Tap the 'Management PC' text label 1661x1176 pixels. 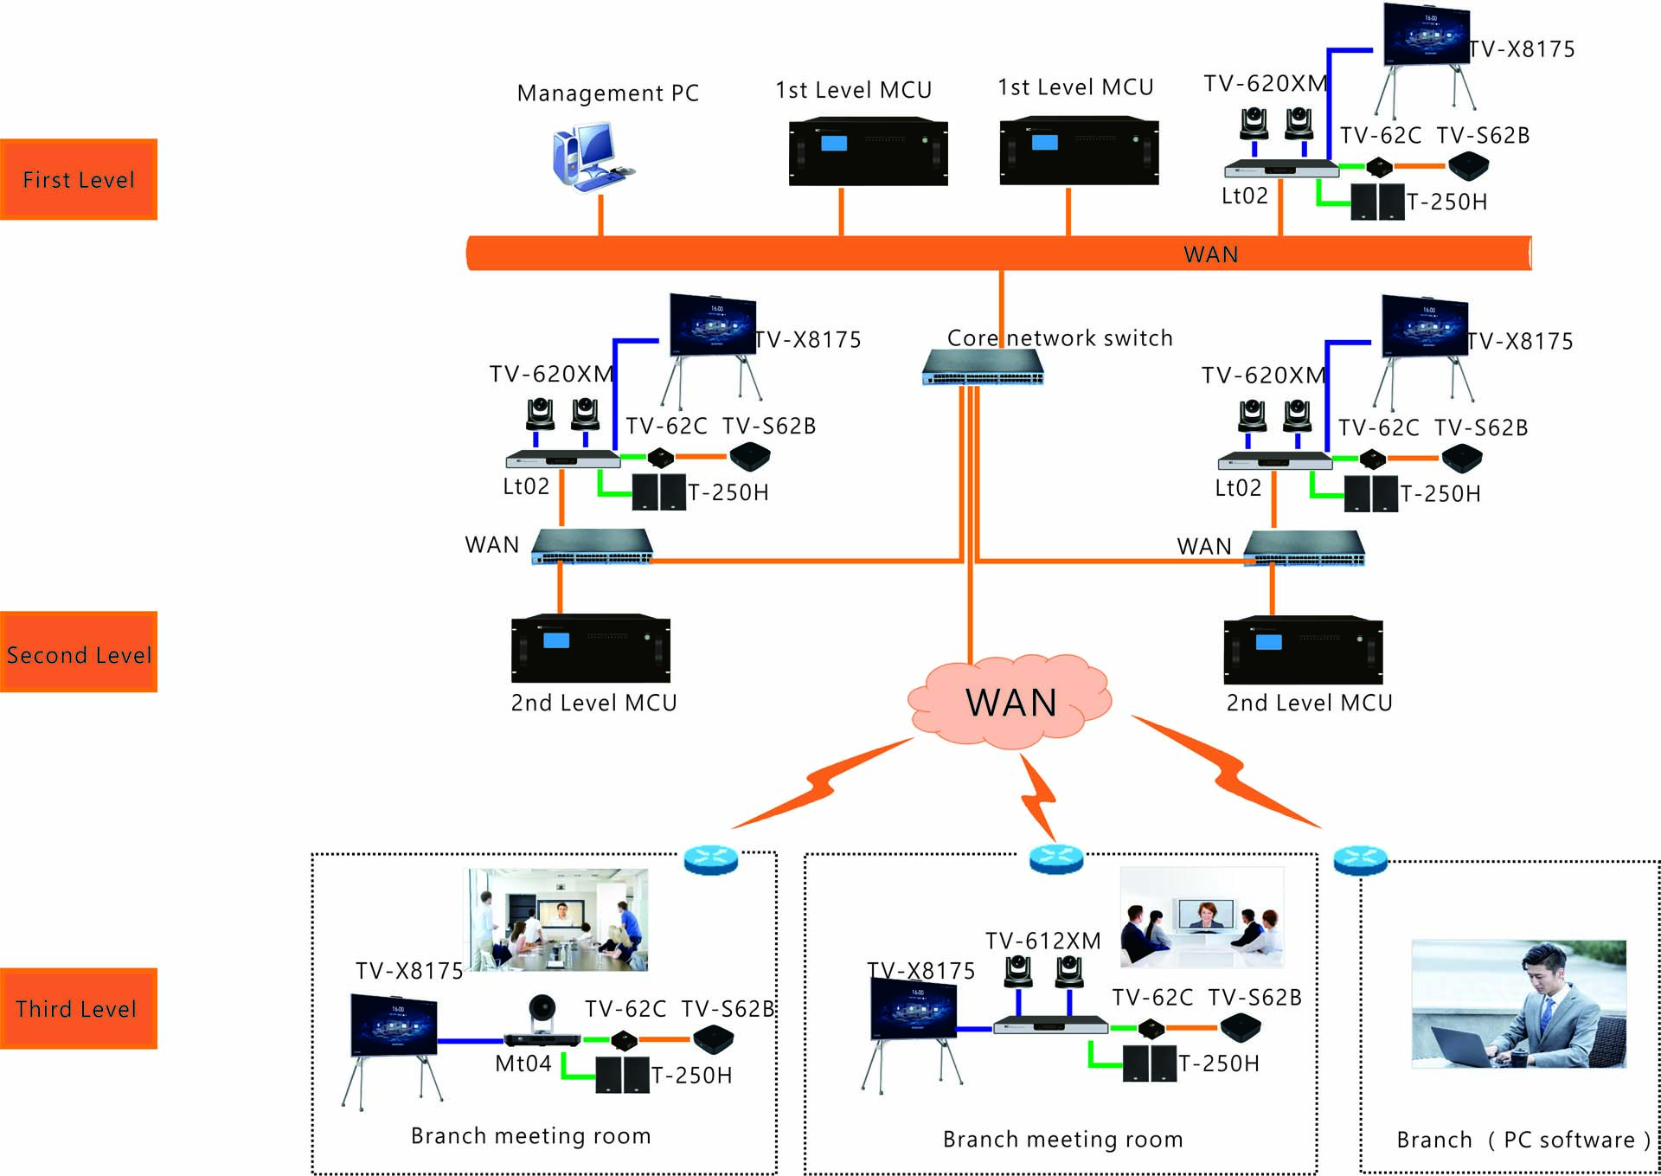click(x=607, y=93)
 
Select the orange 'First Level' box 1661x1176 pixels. click(x=79, y=179)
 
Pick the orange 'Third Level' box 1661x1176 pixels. click(x=79, y=1008)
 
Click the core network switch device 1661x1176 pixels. click(x=983, y=367)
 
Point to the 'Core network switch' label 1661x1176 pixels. click(x=1060, y=337)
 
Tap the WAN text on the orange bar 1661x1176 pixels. click(x=1210, y=254)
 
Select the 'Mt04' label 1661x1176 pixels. click(x=523, y=1064)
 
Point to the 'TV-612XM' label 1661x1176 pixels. click(x=1042, y=941)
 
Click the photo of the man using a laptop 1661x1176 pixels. click(x=1518, y=1004)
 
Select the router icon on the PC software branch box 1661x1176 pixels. click(x=1360, y=859)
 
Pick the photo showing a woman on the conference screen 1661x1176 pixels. click(x=1202, y=917)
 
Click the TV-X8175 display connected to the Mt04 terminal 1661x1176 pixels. click(x=394, y=1025)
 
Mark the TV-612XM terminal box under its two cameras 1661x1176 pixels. click(x=1050, y=1025)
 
